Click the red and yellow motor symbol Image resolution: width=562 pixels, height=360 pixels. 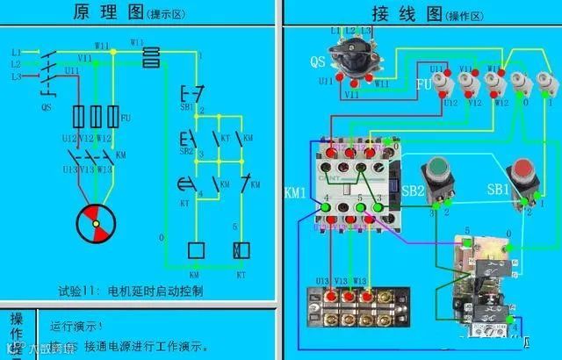point(93,226)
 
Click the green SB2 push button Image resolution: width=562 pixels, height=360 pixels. point(436,171)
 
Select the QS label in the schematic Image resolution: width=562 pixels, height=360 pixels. point(46,108)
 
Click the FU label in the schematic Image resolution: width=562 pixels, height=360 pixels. point(126,118)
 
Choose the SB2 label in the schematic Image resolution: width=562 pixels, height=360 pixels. point(186,149)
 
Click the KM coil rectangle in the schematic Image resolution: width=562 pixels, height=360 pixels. point(196,250)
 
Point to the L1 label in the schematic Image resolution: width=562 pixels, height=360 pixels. point(16,53)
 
